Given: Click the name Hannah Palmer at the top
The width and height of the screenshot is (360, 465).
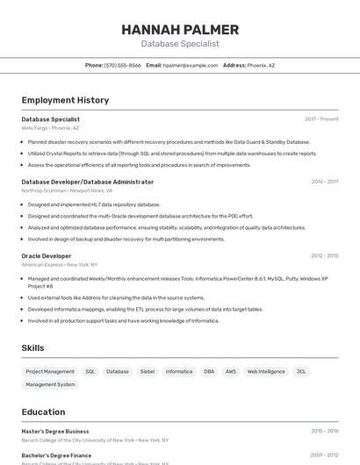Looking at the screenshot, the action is click(180, 30).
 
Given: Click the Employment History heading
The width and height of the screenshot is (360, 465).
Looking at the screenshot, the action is click(65, 100).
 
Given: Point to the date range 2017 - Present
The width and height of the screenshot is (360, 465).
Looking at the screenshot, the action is click(321, 119).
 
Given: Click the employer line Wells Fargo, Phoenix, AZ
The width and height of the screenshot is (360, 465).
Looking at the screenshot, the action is click(50, 128).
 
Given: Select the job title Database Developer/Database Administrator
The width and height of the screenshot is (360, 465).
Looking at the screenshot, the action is click(87, 182).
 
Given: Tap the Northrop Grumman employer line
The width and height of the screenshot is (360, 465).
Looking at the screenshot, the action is click(67, 190).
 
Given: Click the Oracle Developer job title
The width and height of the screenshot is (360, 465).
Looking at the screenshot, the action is click(47, 256).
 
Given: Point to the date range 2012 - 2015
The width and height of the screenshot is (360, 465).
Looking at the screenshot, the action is click(324, 256).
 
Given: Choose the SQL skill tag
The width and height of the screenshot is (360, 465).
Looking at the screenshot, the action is click(90, 371).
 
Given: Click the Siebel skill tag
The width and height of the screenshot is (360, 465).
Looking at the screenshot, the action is click(147, 371).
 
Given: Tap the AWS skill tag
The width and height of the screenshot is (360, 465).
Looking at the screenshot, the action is click(231, 371).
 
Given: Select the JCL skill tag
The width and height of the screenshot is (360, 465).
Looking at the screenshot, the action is click(301, 371).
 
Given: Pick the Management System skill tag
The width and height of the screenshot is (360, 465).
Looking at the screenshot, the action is click(50, 384).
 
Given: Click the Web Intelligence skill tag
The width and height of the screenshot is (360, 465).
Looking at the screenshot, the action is click(266, 371).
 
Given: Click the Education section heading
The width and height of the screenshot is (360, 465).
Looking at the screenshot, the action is click(43, 411).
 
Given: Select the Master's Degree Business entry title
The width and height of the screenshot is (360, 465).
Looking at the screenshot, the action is click(55, 432).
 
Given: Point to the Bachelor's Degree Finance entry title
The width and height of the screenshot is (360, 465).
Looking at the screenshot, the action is click(56, 455).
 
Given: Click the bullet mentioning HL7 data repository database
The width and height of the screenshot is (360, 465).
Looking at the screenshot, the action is click(94, 204).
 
